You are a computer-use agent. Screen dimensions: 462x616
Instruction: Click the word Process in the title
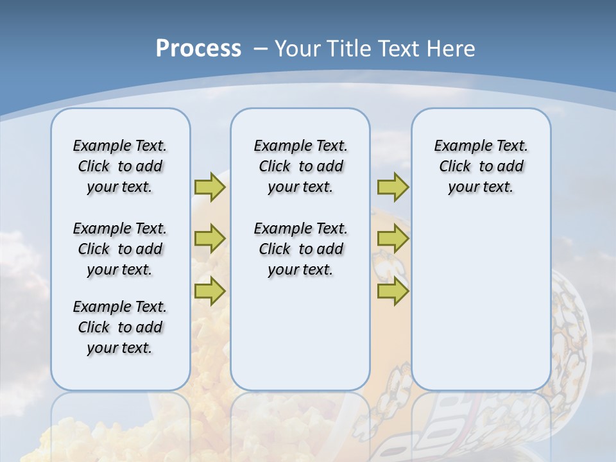click(198, 49)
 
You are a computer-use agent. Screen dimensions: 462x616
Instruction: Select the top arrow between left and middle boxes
click(210, 187)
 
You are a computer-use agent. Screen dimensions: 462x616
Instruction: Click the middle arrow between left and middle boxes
click(210, 239)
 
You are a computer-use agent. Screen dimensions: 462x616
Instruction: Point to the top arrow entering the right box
click(393, 187)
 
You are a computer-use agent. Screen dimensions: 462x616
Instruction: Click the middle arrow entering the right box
click(393, 239)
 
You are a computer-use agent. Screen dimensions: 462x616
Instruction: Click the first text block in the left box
click(120, 166)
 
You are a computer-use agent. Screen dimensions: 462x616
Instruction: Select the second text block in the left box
click(120, 249)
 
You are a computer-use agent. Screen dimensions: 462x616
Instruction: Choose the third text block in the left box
click(120, 327)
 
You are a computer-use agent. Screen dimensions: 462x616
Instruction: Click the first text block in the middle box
click(300, 166)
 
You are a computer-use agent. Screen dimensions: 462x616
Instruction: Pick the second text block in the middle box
click(300, 249)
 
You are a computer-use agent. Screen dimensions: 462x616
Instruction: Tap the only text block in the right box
click(481, 166)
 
